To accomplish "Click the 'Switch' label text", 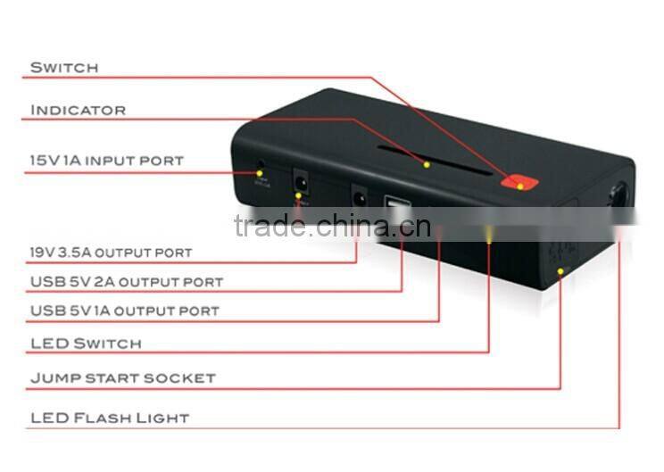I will click(64, 68).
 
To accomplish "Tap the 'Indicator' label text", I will click(79, 110).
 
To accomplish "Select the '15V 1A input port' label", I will click(106, 161).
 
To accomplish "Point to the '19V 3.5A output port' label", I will click(111, 253).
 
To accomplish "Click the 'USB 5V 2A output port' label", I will click(126, 282).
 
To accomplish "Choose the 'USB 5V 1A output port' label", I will click(124, 311).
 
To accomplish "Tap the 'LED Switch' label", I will click(86, 344).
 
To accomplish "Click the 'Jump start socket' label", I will click(122, 377).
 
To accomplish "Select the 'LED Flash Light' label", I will click(110, 418).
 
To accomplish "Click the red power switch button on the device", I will click(519, 182).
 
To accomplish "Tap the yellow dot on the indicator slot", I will click(427, 164).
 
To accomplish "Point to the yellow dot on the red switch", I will click(520, 186).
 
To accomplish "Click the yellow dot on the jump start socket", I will click(560, 269).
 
